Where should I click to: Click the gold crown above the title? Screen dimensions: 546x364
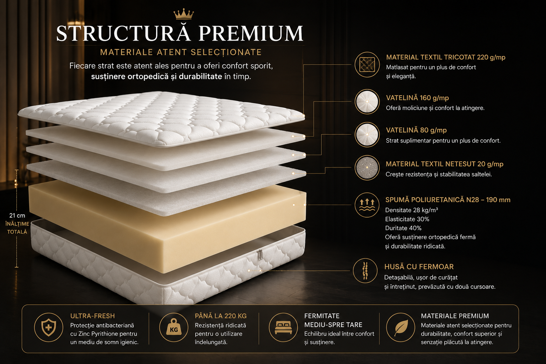(183, 14)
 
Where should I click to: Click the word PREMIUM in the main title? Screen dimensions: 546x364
(251, 33)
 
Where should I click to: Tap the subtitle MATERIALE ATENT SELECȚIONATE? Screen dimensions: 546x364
(181, 52)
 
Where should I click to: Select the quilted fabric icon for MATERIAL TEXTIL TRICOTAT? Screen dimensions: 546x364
(367, 65)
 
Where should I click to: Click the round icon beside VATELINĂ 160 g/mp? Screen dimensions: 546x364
(367, 102)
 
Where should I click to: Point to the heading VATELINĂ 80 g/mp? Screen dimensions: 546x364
(416, 130)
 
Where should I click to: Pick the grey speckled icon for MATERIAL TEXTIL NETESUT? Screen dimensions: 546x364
(367, 168)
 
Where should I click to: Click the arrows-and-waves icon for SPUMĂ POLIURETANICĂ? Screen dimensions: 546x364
(367, 205)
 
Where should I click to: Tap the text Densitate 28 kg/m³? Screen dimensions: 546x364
(411, 210)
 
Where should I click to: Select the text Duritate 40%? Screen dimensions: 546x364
(403, 228)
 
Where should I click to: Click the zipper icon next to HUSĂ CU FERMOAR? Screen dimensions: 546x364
(365, 271)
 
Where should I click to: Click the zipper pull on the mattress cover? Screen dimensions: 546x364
(260, 255)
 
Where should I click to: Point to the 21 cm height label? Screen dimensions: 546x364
(17, 215)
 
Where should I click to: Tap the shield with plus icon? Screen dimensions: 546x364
(49, 327)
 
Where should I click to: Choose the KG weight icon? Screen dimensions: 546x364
(174, 327)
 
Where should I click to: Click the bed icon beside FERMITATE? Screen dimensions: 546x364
(283, 327)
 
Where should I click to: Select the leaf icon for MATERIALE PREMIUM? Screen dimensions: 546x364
(401, 327)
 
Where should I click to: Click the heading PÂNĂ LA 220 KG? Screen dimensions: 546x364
(221, 316)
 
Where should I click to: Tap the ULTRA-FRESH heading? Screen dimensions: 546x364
(92, 316)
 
